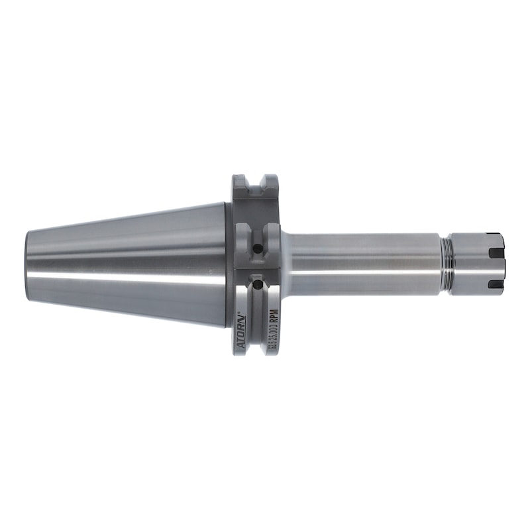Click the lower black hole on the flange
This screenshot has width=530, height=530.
point(256,286)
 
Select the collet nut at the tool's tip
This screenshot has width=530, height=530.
point(477,262)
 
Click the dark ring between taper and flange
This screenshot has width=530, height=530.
point(229,265)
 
